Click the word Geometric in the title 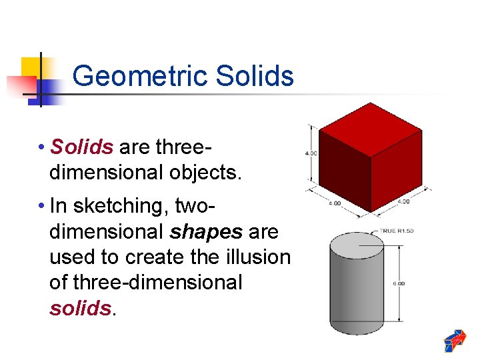coord(141,77)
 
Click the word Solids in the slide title coord(255,76)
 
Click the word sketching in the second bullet coord(121,206)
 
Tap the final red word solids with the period coord(80,308)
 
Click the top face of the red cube coord(369,128)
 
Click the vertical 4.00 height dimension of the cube coord(310,153)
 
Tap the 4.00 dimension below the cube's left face coord(334,203)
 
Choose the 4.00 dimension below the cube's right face coord(403,201)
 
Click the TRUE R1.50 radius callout coord(397,231)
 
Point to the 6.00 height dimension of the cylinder coord(399,283)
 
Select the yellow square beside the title coord(31,67)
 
